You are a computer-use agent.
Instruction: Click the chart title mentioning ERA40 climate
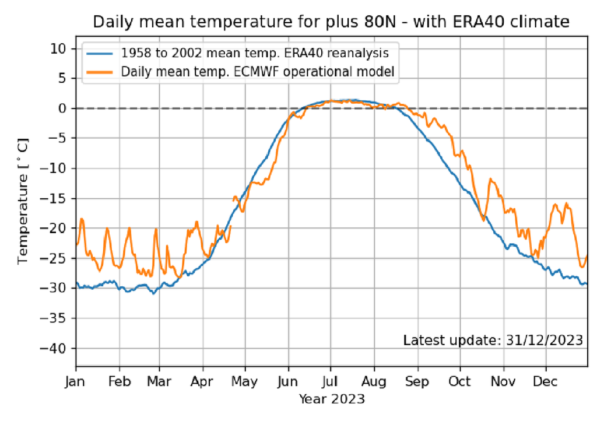(x=331, y=23)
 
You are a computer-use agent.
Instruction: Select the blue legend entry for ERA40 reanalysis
(x=255, y=53)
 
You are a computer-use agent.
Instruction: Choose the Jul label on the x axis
(x=331, y=383)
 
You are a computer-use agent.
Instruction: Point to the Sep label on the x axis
(x=417, y=383)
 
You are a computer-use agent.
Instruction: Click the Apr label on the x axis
(x=202, y=383)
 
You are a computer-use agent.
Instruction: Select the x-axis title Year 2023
(x=332, y=399)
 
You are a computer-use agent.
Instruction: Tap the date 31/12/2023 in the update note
(x=542, y=340)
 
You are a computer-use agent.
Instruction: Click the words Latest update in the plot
(x=449, y=340)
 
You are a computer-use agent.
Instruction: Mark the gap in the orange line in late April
(x=232, y=213)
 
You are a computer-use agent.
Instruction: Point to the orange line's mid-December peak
(x=556, y=205)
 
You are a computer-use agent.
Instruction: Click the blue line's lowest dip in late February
(x=154, y=293)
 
